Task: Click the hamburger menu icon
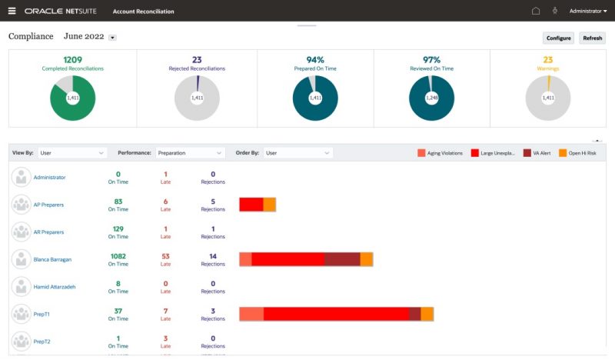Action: coord(12,11)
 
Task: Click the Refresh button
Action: coord(592,38)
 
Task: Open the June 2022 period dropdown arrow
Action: coord(112,38)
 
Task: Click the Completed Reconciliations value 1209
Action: coord(72,60)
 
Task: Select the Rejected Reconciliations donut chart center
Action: coord(197,98)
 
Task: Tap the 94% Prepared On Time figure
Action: coord(315,60)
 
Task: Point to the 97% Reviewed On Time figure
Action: coord(431,60)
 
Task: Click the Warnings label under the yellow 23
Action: coord(548,68)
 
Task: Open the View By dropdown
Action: coord(71,153)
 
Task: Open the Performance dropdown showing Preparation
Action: coord(190,153)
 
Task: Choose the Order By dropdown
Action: coord(298,153)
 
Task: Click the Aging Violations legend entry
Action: coord(440,153)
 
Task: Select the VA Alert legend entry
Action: coord(537,153)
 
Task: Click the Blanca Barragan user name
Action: coord(52,259)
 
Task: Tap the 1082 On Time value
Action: coord(118,256)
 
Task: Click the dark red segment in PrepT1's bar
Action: coord(415,314)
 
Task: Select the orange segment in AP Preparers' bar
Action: coord(270,205)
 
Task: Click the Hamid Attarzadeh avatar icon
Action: coord(22,287)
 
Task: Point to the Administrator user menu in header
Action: coord(588,11)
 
